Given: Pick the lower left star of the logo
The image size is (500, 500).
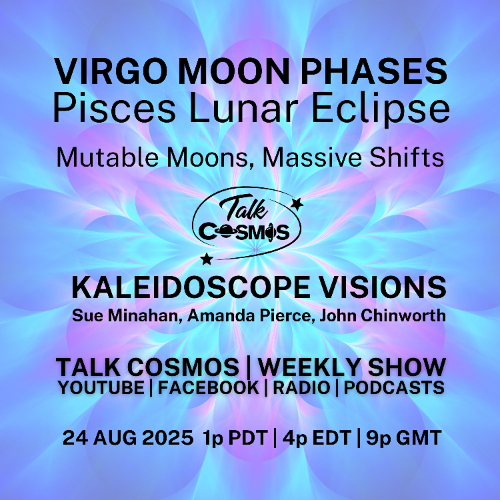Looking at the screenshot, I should pyautogui.click(x=206, y=259).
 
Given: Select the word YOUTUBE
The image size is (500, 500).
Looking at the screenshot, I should pyautogui.click(x=101, y=388).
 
